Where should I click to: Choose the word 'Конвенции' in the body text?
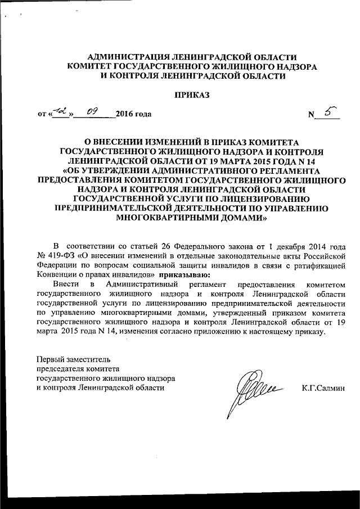pyautogui.click(x=55, y=276)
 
